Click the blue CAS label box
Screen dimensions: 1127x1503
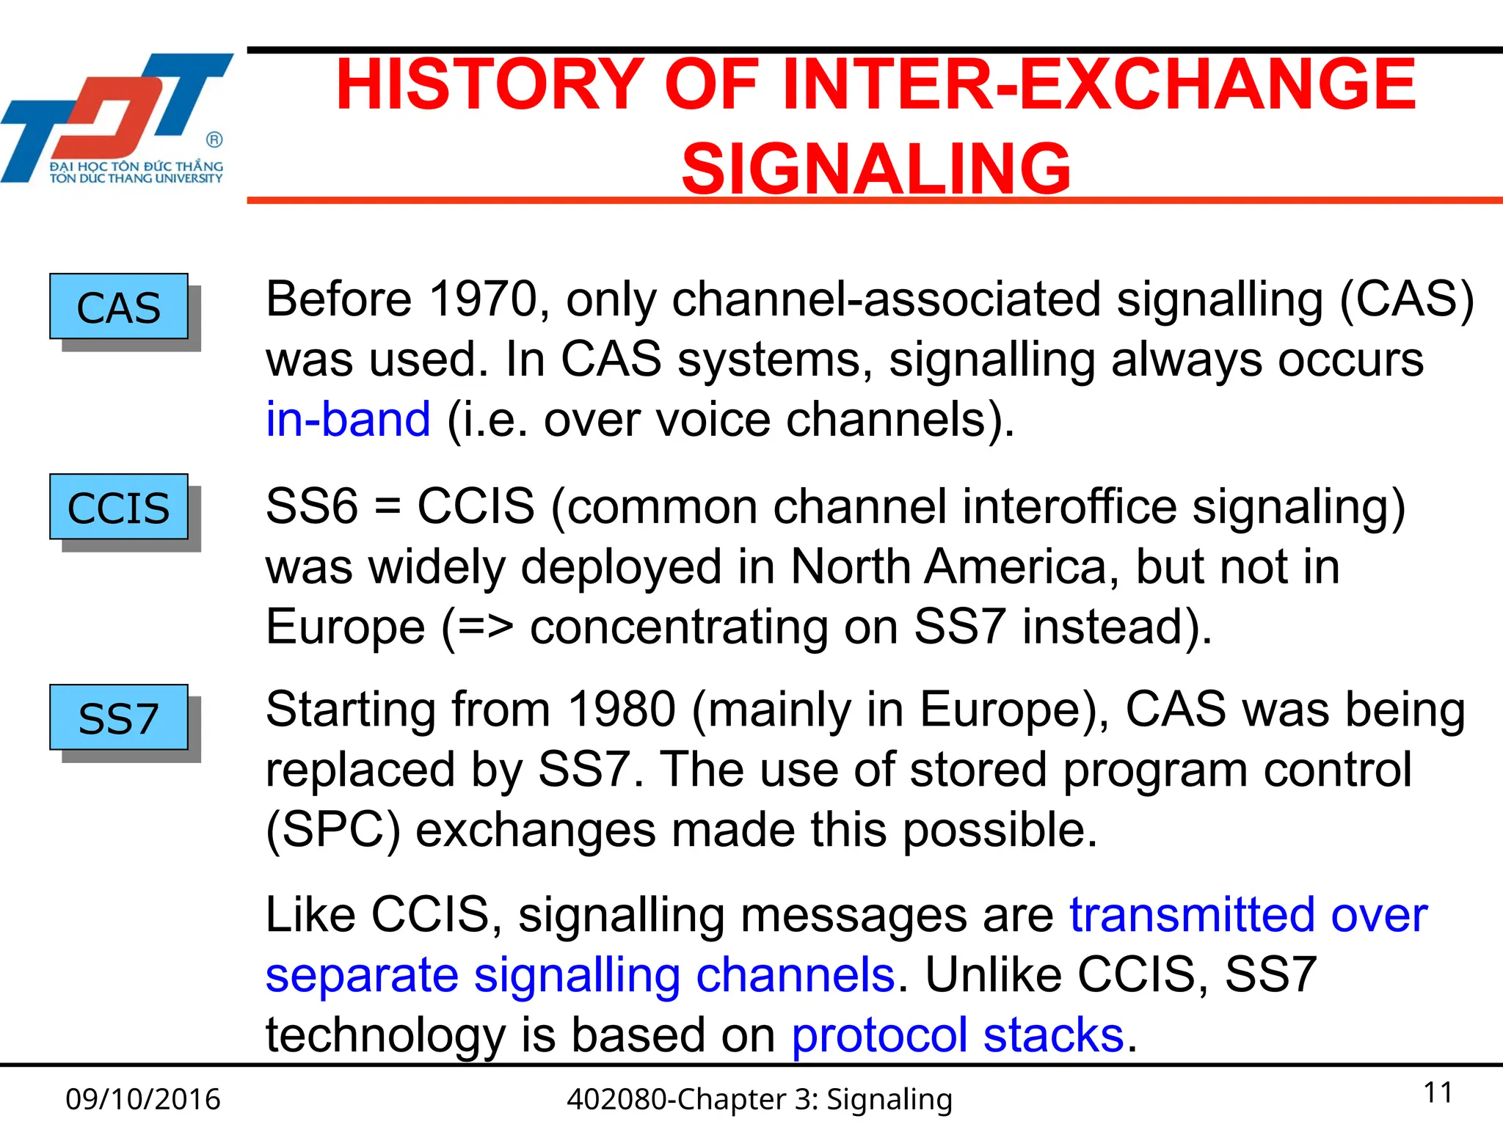[119, 307]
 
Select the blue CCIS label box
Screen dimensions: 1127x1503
[119, 507]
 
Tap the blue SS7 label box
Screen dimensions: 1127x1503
[119, 718]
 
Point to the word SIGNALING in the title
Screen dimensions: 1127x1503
[876, 169]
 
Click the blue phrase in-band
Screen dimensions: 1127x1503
[348, 420]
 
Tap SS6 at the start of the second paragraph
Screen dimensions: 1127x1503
[311, 506]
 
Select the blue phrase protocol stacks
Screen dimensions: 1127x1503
[958, 1035]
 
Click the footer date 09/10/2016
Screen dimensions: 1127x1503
[142, 1099]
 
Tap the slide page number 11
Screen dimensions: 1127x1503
[1438, 1093]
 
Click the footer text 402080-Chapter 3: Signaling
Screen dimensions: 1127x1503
[760, 1099]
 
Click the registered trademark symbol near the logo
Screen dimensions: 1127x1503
[214, 139]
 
